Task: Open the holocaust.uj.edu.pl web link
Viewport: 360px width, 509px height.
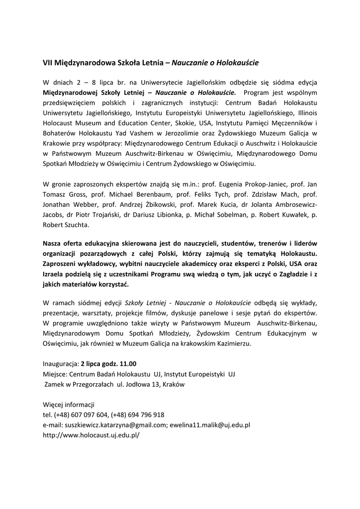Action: pos(91,435)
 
